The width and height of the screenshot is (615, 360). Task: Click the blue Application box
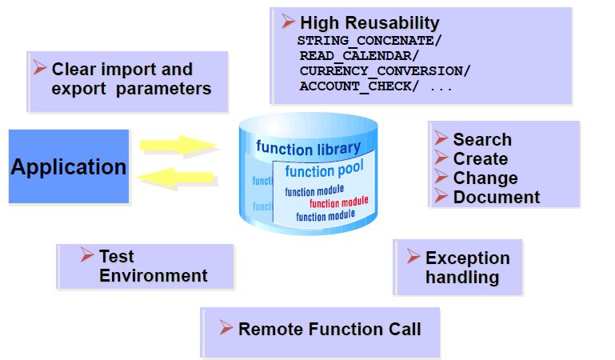(68, 166)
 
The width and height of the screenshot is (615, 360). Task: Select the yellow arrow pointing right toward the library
(178, 146)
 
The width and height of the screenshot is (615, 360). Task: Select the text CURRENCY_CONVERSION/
(385, 70)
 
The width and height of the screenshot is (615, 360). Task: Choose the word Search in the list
(481, 139)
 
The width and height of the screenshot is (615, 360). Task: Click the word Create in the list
(480, 158)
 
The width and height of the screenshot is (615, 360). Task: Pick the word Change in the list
(485, 178)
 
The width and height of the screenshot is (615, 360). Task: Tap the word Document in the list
(496, 197)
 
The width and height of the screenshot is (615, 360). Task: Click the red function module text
(338, 202)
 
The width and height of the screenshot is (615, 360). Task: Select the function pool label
(324, 170)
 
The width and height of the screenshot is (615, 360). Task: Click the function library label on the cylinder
(308, 148)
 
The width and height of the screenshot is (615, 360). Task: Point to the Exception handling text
(467, 267)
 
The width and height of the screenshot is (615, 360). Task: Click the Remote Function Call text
(329, 329)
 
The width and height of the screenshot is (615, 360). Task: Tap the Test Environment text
(153, 266)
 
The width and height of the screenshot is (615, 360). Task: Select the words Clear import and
(122, 69)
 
